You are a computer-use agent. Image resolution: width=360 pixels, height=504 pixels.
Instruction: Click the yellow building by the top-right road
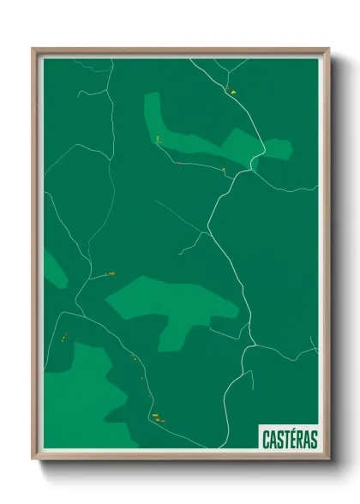coord(231,90)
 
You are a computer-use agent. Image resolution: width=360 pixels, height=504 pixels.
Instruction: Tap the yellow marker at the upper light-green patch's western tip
coord(158,139)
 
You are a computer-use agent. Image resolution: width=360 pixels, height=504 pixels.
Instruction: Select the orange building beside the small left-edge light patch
coord(111,274)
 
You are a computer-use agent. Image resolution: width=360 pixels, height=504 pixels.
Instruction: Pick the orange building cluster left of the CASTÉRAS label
coord(157,417)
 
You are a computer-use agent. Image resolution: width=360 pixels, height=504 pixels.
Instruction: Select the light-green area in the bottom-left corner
coord(81,394)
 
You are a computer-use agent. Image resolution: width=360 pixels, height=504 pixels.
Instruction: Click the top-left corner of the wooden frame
coord(33,49)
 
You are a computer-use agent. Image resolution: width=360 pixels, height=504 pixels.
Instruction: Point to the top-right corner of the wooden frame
coord(328,49)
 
